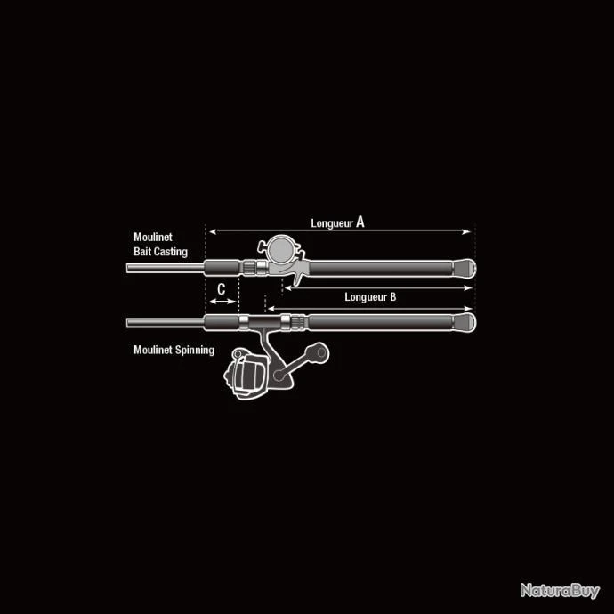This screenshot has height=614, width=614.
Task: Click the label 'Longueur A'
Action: click(x=337, y=223)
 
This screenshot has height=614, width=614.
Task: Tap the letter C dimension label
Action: click(x=222, y=289)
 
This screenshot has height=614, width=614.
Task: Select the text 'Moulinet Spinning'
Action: click(x=174, y=351)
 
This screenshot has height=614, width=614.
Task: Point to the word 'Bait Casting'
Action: click(x=160, y=253)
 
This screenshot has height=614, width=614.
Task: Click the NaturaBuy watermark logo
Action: click(x=560, y=591)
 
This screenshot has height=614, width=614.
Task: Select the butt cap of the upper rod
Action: click(x=466, y=267)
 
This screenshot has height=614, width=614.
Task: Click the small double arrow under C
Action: click(x=222, y=302)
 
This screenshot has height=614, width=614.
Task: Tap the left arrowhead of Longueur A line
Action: click(x=210, y=231)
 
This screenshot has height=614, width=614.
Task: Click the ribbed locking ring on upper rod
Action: click(x=255, y=267)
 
